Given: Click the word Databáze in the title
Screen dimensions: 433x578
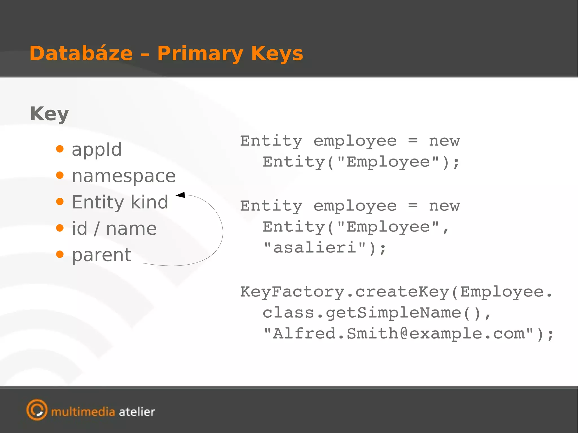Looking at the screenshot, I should point(81,53).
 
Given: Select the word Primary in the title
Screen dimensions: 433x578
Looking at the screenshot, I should point(200,54).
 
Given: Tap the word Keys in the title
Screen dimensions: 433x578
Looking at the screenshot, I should point(277,53).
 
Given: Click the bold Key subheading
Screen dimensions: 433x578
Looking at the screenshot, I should point(49,114).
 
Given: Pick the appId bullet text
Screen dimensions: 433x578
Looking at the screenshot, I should point(97,149).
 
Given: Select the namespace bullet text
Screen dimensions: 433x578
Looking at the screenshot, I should point(124,176).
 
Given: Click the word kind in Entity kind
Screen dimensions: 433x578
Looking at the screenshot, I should point(149,202).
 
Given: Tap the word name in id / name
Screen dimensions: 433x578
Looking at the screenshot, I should point(131,228).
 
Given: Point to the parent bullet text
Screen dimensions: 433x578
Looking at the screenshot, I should point(102,255).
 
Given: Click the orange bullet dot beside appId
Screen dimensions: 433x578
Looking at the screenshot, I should point(60,149).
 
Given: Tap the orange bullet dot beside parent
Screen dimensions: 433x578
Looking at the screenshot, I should point(60,254).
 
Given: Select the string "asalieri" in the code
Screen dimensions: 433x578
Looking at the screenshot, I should point(315,248).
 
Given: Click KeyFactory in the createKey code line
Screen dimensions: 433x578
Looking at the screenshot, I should point(292,292).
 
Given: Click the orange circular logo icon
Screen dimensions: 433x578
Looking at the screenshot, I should point(37,410).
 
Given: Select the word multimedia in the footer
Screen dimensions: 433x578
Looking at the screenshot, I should point(83,412).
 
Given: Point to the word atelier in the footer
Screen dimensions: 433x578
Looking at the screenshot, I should point(137,412).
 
